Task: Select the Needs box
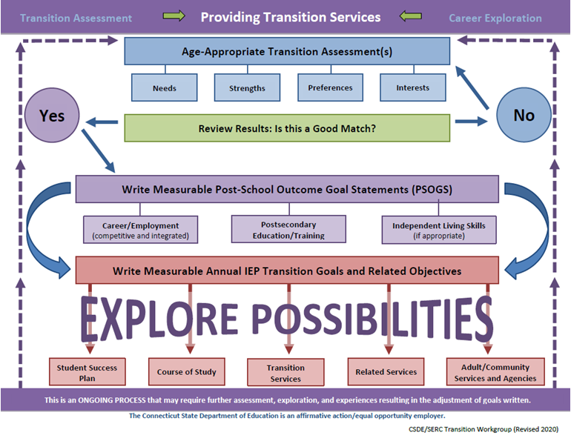click(165, 87)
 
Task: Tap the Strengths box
click(247, 87)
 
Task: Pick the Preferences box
click(330, 87)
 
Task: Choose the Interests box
click(412, 87)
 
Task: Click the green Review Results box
click(286, 127)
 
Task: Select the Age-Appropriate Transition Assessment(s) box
click(286, 51)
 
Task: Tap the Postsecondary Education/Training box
click(288, 229)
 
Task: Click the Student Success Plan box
click(88, 371)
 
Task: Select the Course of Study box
click(186, 371)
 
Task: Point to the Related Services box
click(386, 371)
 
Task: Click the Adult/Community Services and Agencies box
click(495, 371)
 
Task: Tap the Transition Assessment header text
click(76, 18)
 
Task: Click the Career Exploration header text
click(495, 18)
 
